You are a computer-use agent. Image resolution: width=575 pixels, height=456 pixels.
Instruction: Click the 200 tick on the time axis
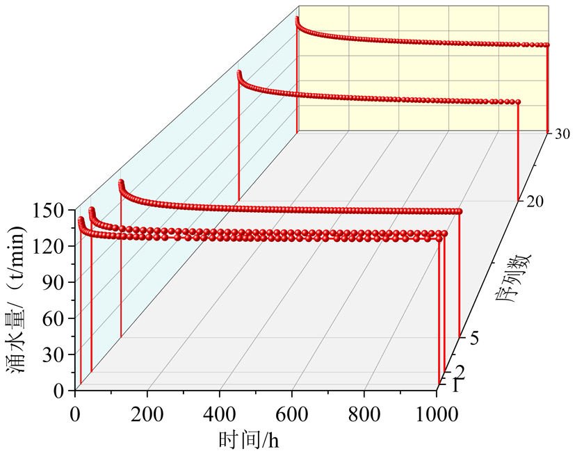tap(147, 413)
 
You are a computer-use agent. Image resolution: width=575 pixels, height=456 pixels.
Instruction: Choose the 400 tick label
tap(220, 413)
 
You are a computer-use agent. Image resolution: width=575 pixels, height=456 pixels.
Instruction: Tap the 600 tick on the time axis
tap(292, 413)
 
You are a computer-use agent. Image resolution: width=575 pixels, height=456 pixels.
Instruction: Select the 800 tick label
tap(364, 413)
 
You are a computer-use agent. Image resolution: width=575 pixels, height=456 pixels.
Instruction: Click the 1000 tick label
tap(437, 413)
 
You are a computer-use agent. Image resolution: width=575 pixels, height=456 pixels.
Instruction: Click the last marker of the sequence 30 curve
tap(547, 45)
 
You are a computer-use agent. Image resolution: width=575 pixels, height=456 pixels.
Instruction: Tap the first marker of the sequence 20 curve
tap(238, 73)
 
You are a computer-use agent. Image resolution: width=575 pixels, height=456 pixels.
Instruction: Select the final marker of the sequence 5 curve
tap(459, 211)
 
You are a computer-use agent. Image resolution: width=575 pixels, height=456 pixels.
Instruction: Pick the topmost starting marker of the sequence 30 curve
tap(298, 19)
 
